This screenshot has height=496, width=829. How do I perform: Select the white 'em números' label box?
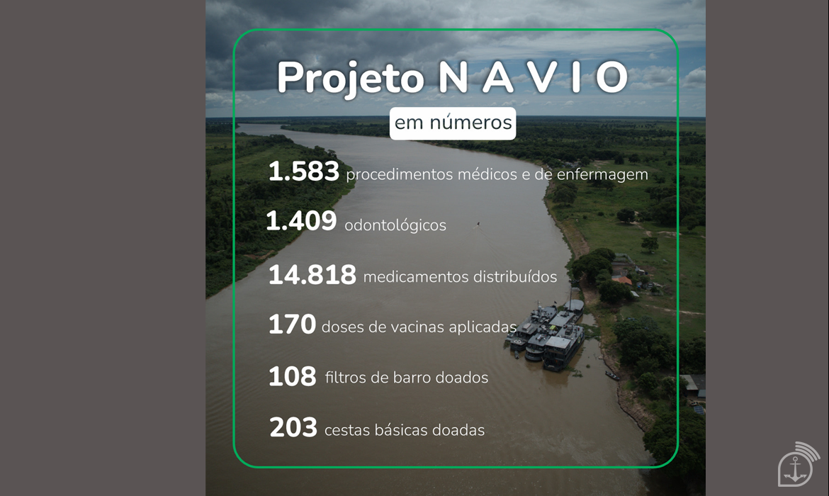(453, 123)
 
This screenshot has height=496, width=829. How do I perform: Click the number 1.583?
(304, 171)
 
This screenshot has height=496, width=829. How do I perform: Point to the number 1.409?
(301, 221)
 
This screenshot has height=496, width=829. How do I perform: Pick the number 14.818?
(312, 275)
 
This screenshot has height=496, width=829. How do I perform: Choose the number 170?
(293, 324)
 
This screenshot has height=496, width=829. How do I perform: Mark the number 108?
(293, 376)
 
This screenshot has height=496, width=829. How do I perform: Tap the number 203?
(293, 427)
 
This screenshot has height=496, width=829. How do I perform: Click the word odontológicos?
(395, 225)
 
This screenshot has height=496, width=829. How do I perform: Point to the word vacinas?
(417, 327)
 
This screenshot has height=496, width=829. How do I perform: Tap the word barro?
(412, 378)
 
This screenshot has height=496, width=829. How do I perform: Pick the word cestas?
(347, 430)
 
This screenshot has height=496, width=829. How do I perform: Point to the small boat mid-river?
(478, 224)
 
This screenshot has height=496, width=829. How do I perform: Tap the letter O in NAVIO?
(611, 77)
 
